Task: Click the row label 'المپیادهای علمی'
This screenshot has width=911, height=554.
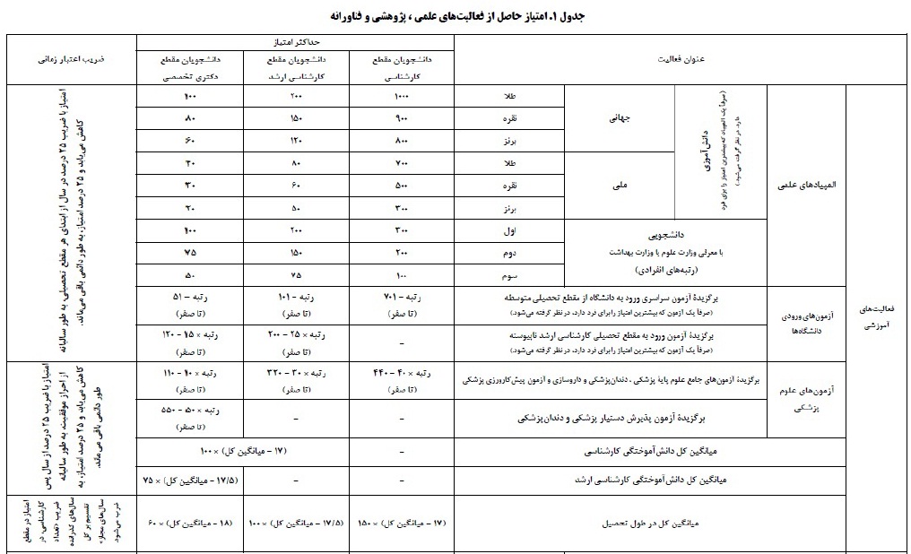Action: pos(807,186)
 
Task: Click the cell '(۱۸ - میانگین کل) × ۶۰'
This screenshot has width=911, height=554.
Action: pos(189,520)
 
